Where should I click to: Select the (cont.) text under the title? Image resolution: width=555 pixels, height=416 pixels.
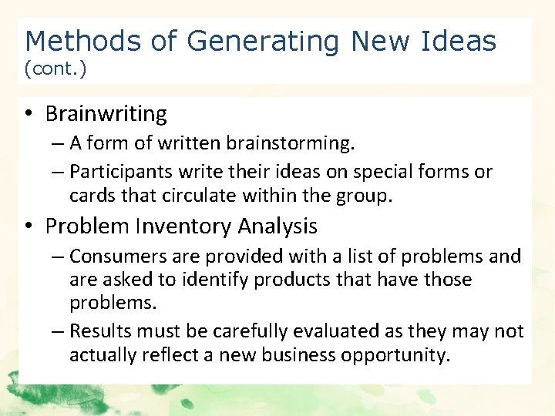[x=55, y=69]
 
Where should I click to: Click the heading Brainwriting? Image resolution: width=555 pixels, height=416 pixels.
[x=106, y=114]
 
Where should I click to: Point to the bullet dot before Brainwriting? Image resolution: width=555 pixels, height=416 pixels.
[x=28, y=114]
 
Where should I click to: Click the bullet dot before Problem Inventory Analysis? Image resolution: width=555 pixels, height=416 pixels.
[x=28, y=226]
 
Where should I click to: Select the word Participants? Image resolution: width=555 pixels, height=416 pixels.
[x=116, y=171]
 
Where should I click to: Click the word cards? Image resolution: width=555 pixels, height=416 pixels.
[x=91, y=196]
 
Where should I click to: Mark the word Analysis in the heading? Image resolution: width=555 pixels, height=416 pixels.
[x=277, y=226]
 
